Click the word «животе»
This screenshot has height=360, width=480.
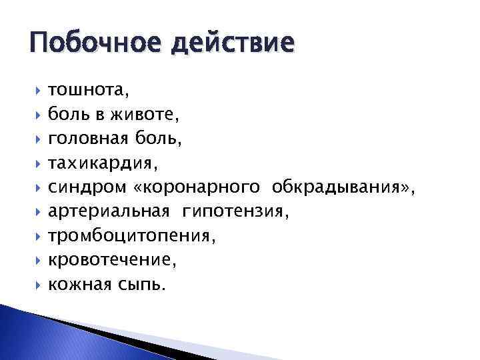click(x=151, y=115)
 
